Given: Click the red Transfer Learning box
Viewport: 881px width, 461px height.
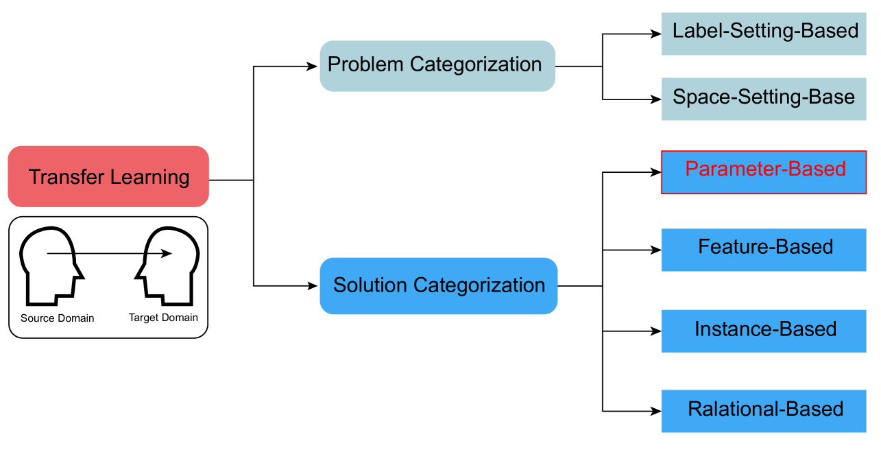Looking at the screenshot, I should [108, 176].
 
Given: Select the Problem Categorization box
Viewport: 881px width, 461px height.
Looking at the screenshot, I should [437, 66].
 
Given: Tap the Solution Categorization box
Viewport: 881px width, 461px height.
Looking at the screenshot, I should [438, 285].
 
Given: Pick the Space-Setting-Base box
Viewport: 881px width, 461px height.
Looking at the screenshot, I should [764, 98].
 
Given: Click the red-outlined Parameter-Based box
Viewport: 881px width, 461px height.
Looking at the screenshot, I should [764, 172].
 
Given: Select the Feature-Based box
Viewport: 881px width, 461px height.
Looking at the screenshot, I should [764, 250].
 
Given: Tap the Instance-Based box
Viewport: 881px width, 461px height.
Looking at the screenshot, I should [764, 331].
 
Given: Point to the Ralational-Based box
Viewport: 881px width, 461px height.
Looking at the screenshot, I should [764, 411].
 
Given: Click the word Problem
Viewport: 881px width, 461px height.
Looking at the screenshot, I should [365, 64].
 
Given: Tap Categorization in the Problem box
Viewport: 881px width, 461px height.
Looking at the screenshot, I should [476, 64].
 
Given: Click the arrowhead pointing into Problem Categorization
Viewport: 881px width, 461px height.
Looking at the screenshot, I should [313, 68].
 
